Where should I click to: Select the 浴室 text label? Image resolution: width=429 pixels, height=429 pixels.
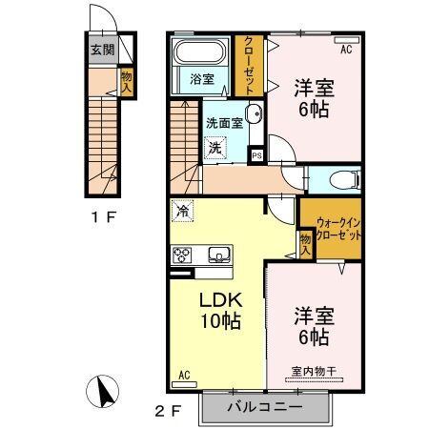[199, 78]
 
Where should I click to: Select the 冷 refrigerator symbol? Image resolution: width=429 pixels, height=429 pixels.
[179, 208]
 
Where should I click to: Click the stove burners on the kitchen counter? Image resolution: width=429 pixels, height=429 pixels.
[182, 254]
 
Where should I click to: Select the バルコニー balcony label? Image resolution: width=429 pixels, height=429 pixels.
[264, 408]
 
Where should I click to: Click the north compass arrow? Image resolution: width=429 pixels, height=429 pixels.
[104, 391]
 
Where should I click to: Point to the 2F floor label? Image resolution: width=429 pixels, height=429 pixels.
[169, 412]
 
